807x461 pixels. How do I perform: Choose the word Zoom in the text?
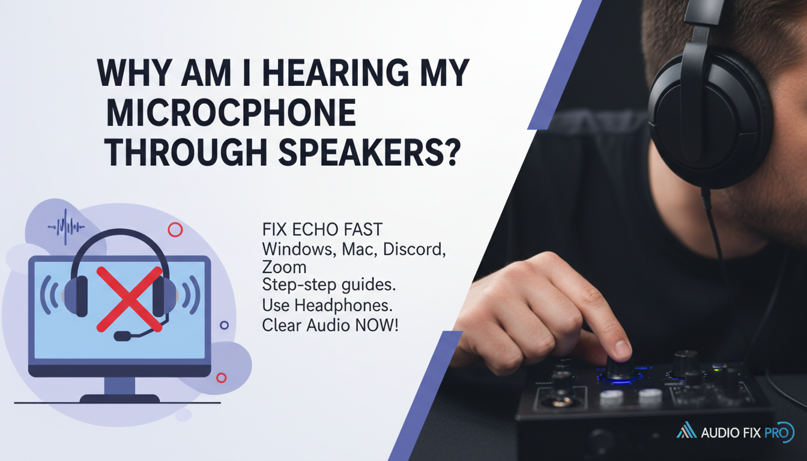(x=284, y=267)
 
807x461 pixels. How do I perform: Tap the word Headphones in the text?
(x=344, y=306)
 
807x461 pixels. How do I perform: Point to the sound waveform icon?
(x=66, y=227)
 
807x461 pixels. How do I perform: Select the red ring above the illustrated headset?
(x=175, y=229)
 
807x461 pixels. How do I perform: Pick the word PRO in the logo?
(x=782, y=432)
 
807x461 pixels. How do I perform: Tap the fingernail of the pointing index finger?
(x=623, y=348)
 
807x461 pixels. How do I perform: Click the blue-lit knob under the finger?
(x=618, y=369)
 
